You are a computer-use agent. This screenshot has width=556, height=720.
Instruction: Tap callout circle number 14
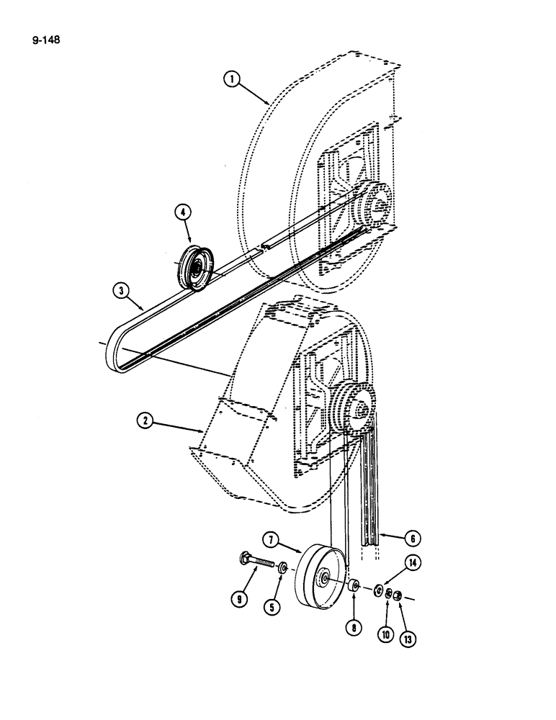click(x=412, y=565)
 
